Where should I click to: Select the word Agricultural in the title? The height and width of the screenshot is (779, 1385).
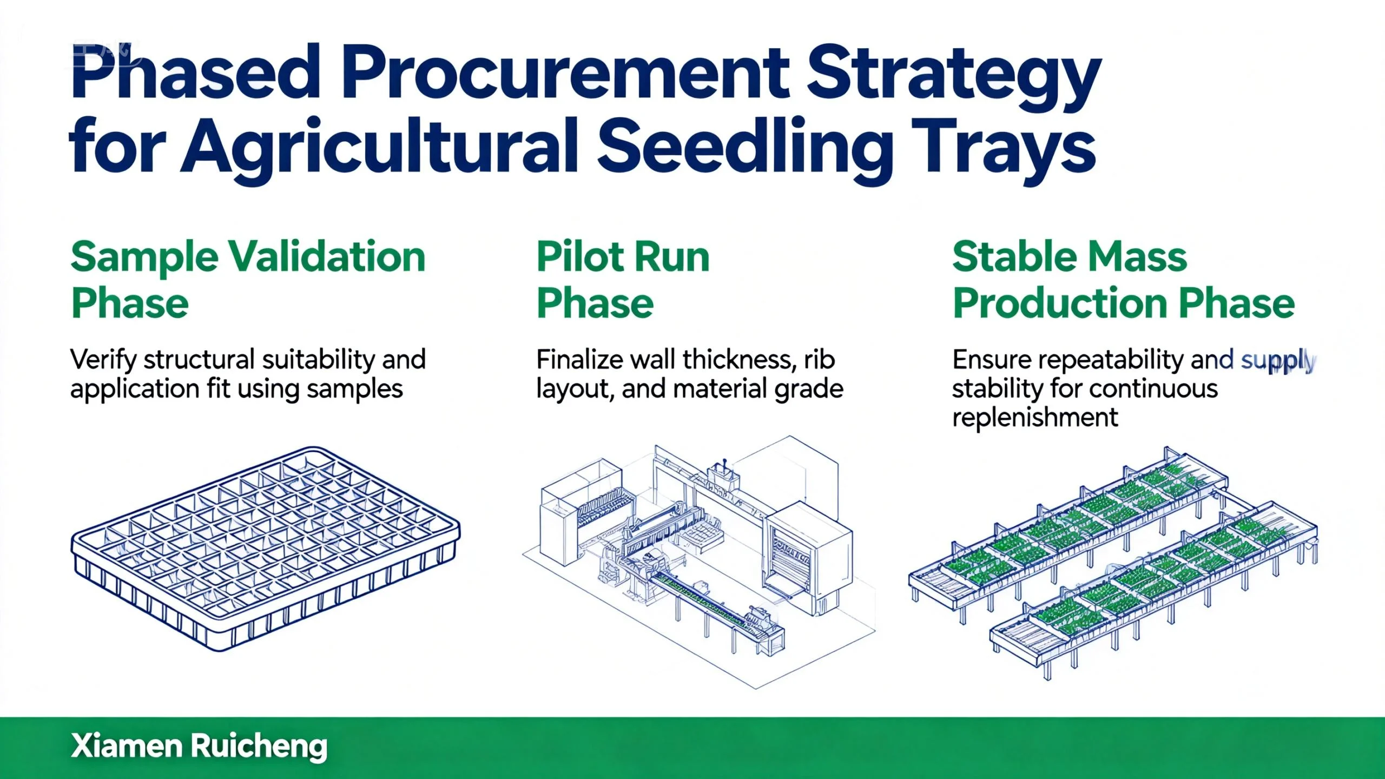pos(378,149)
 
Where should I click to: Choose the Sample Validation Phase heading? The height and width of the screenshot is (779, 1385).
pos(248,280)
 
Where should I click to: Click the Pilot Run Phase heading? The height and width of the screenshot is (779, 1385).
pos(623,280)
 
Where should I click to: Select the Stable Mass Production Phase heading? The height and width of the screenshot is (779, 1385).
pos(1124,280)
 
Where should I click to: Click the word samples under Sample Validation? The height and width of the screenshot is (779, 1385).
pos(355,390)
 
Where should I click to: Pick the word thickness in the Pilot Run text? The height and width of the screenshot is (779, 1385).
pos(739,359)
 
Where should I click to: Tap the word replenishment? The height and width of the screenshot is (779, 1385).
pos(1035,418)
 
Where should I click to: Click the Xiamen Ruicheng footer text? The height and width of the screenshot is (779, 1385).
pos(199,747)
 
